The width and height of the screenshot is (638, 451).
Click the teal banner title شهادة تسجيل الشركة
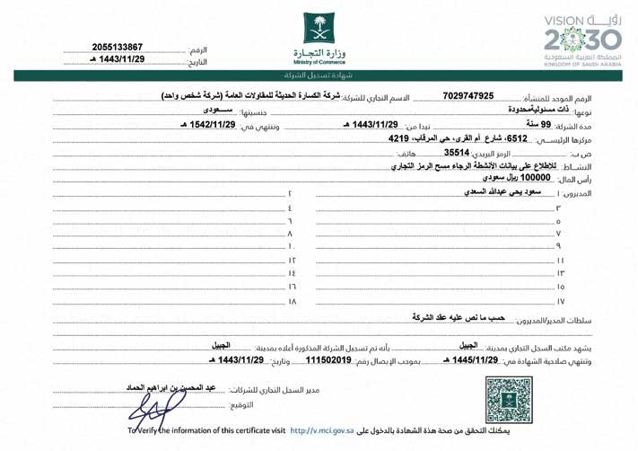click(x=319, y=77)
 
